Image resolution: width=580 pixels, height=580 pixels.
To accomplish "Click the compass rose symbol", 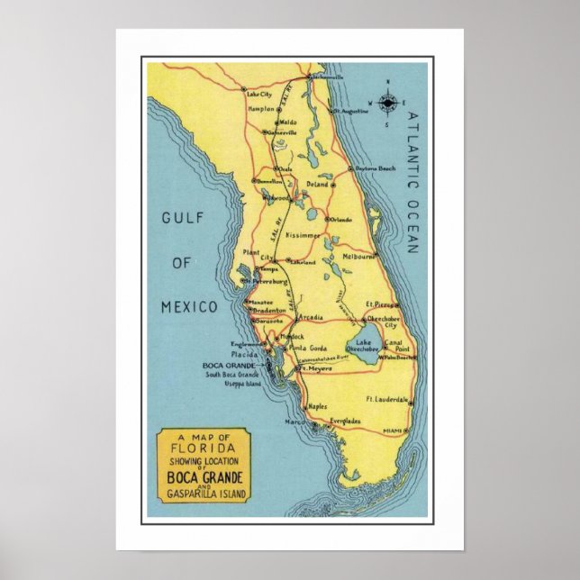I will point(388,104).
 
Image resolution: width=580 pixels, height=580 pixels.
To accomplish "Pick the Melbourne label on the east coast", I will point(358,256).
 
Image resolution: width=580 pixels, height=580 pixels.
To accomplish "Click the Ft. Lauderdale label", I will point(386,399).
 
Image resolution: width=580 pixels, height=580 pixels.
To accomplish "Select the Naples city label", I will point(317,406).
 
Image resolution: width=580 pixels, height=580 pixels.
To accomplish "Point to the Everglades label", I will point(346,421).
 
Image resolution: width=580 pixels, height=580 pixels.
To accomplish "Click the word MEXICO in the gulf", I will point(189,307).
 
